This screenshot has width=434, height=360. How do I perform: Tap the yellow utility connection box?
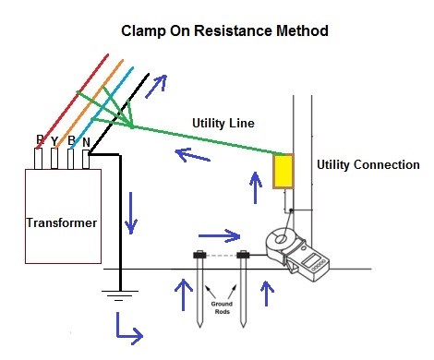coord(283,173)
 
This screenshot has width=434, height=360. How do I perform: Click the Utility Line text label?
coord(223,123)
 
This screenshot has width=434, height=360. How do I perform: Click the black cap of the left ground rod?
coord(198,254)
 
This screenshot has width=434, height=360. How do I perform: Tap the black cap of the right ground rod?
coord(243,254)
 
